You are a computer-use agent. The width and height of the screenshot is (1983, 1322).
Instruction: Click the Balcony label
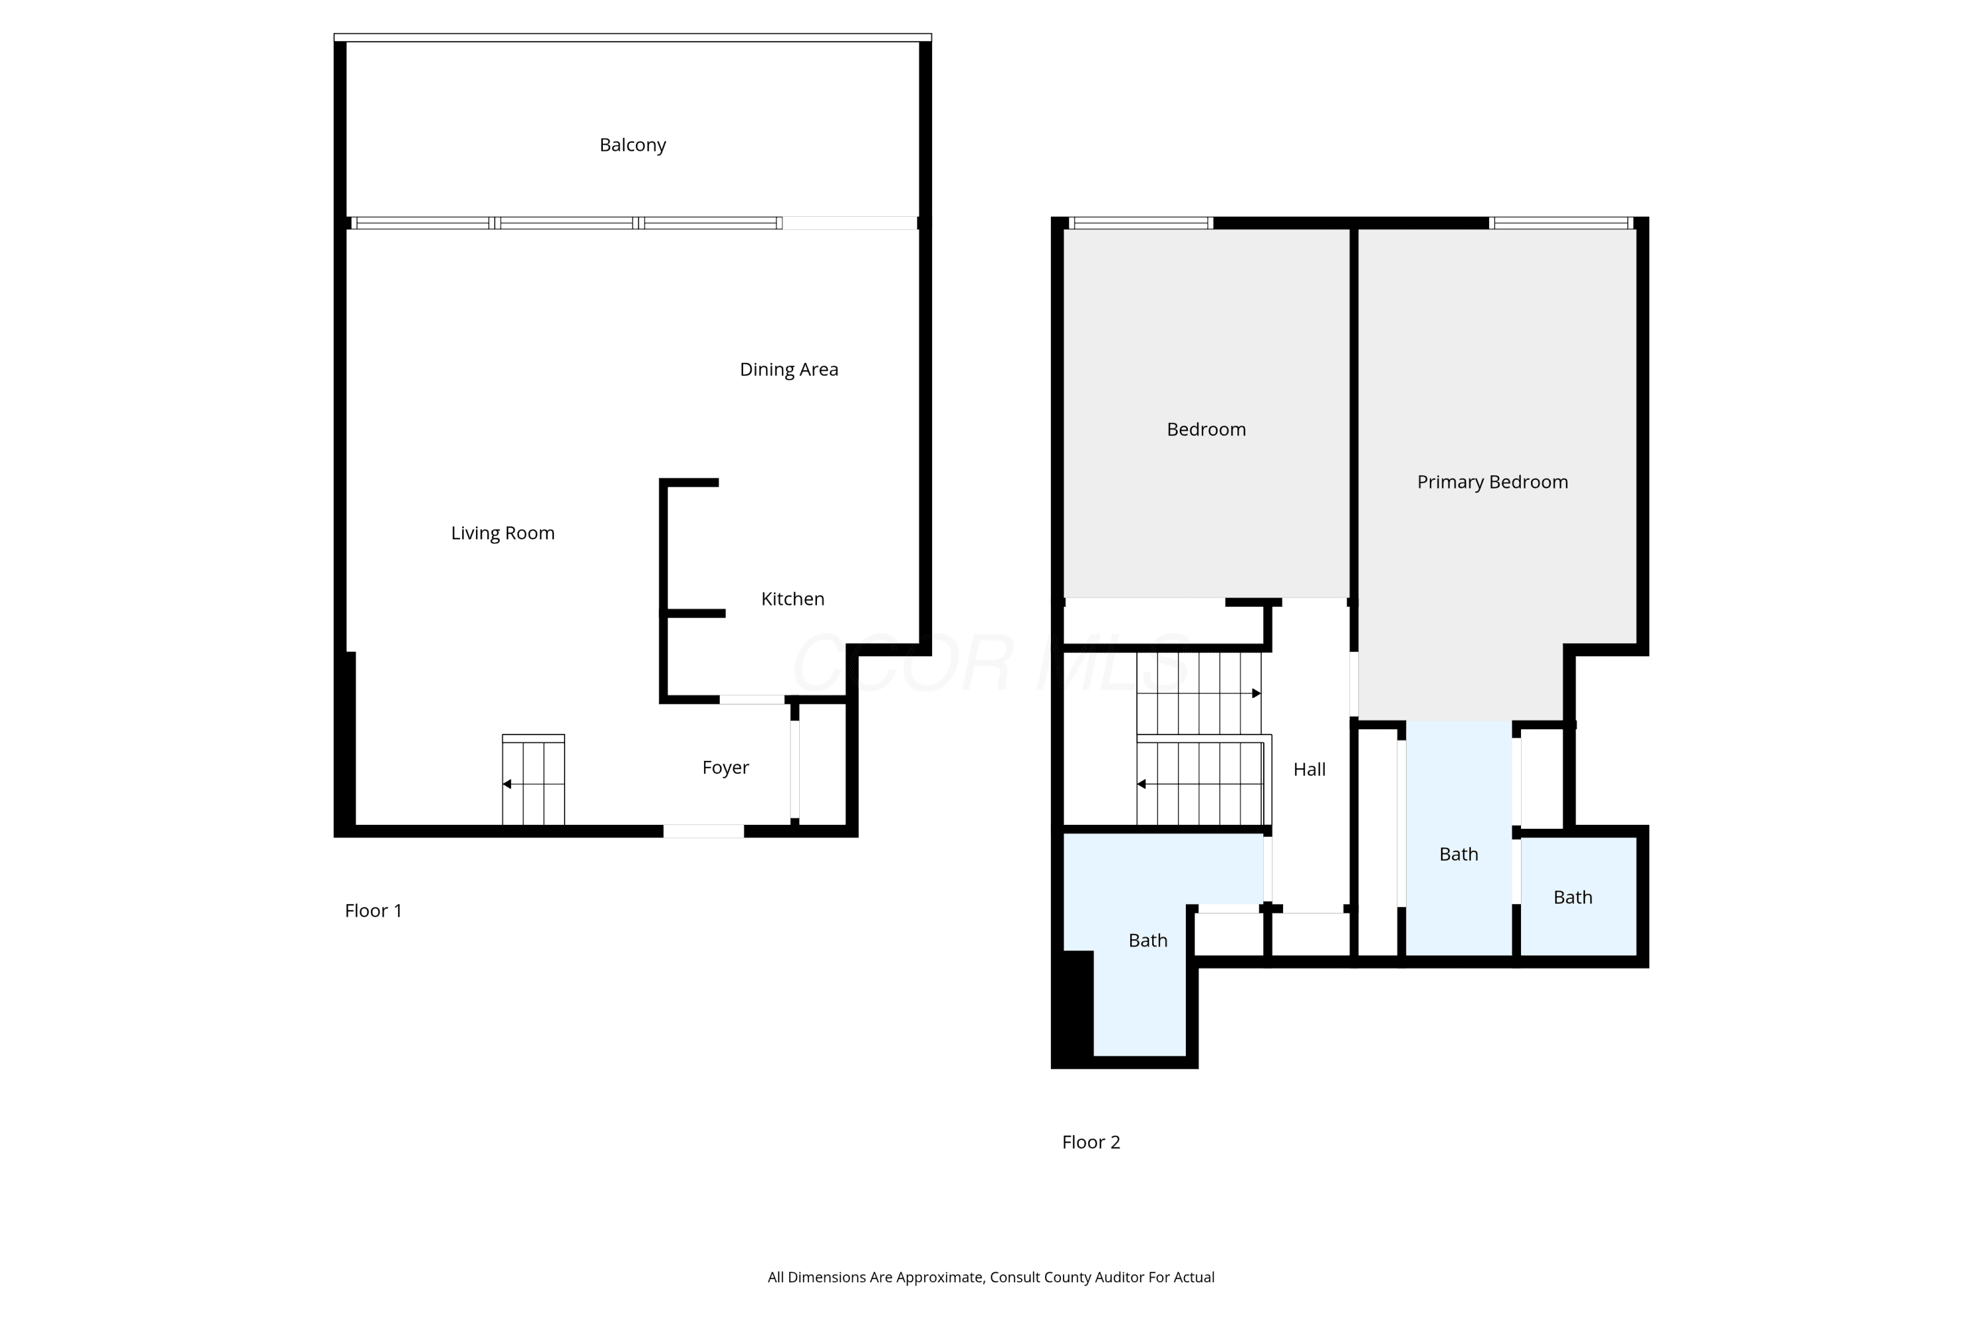point(633,145)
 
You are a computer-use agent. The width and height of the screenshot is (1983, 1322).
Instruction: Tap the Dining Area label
point(789,369)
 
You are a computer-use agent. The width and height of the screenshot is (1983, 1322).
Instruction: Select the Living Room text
point(502,533)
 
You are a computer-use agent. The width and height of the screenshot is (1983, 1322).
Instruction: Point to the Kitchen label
point(793,599)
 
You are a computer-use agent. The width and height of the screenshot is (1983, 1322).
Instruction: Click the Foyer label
point(725,767)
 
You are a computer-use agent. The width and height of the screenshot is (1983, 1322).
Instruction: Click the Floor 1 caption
point(373,911)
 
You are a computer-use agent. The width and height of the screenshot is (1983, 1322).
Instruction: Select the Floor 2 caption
point(1091,1142)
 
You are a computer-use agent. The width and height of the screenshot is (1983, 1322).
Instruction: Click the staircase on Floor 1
point(533,780)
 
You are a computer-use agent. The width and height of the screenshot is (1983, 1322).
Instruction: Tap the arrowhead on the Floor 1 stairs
point(507,784)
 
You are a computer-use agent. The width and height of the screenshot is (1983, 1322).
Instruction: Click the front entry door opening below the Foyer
point(703,832)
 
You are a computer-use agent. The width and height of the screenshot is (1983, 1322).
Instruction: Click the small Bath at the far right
point(1578,896)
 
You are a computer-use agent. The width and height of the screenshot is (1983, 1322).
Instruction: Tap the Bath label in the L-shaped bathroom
point(1147,940)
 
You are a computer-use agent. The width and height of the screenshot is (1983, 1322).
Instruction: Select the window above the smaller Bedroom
point(1141,223)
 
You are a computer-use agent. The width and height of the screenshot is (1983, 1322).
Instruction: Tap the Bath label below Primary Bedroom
point(1459,854)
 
